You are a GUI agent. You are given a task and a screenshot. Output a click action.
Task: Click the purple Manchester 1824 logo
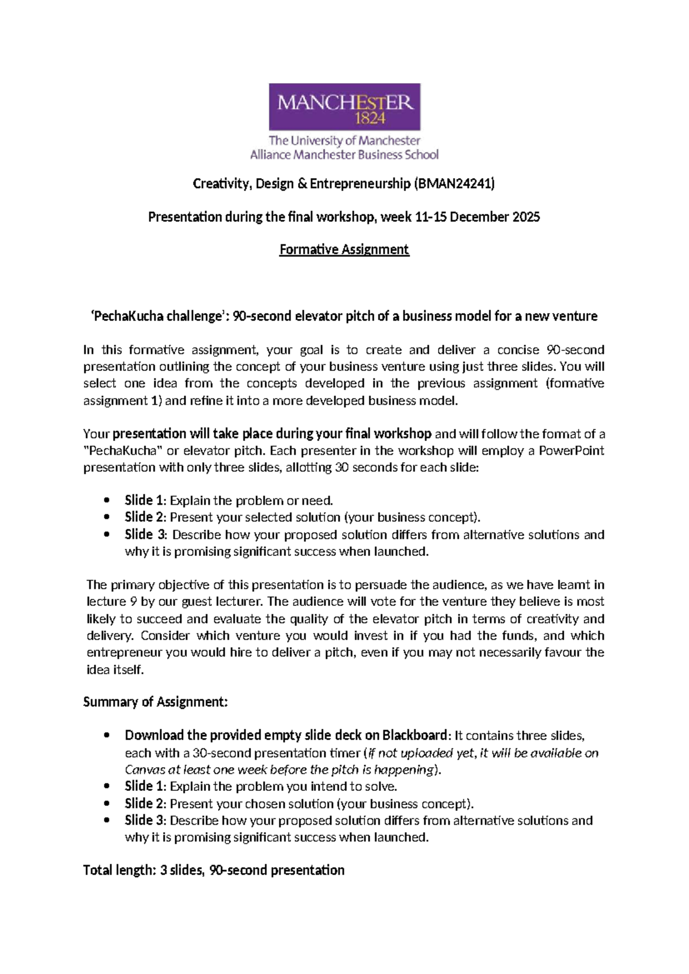(344, 107)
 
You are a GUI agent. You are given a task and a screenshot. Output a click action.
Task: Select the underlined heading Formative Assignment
(344, 250)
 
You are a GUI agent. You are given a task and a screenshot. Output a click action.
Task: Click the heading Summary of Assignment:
(156, 702)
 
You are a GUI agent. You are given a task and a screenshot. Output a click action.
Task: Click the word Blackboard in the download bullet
(415, 736)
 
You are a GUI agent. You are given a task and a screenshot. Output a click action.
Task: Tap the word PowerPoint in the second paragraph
(571, 451)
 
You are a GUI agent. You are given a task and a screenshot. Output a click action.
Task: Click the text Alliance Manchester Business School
(344, 154)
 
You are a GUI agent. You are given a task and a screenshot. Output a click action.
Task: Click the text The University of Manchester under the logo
(344, 141)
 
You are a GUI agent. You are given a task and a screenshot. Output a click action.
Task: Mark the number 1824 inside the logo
(370, 119)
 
